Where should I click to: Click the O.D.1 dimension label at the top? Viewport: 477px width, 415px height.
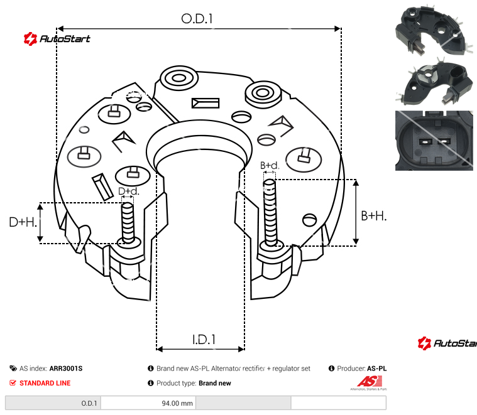click(197, 19)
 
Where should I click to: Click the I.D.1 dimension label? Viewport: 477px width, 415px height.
click(204, 339)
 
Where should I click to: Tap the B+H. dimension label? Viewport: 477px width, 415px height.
click(373, 215)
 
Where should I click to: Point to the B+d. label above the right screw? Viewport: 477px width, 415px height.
click(269, 165)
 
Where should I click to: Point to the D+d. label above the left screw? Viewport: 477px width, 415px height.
click(128, 191)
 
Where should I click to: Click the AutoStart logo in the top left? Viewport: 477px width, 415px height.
click(57, 39)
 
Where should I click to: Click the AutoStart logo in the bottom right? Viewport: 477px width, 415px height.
click(447, 343)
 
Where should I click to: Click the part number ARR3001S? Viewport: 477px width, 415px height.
click(66, 369)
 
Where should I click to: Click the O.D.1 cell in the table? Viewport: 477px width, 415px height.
click(89, 403)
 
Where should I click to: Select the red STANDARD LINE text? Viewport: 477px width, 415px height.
click(45, 383)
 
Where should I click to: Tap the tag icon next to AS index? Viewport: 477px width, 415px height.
click(13, 369)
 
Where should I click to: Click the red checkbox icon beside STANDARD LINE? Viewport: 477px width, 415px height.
click(13, 383)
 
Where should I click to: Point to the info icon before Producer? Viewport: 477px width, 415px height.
click(331, 369)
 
